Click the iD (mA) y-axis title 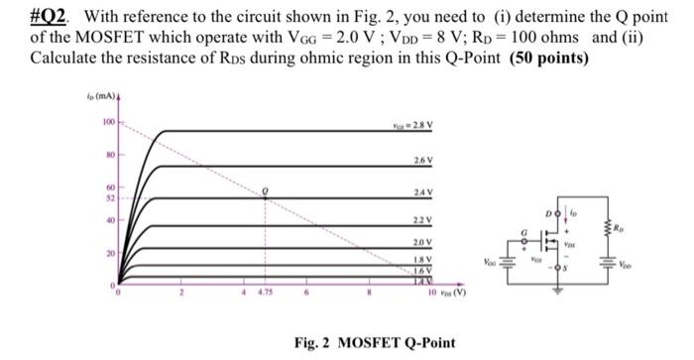(x=107, y=96)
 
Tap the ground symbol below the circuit (x=556, y=293)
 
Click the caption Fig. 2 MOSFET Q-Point (x=376, y=342)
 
